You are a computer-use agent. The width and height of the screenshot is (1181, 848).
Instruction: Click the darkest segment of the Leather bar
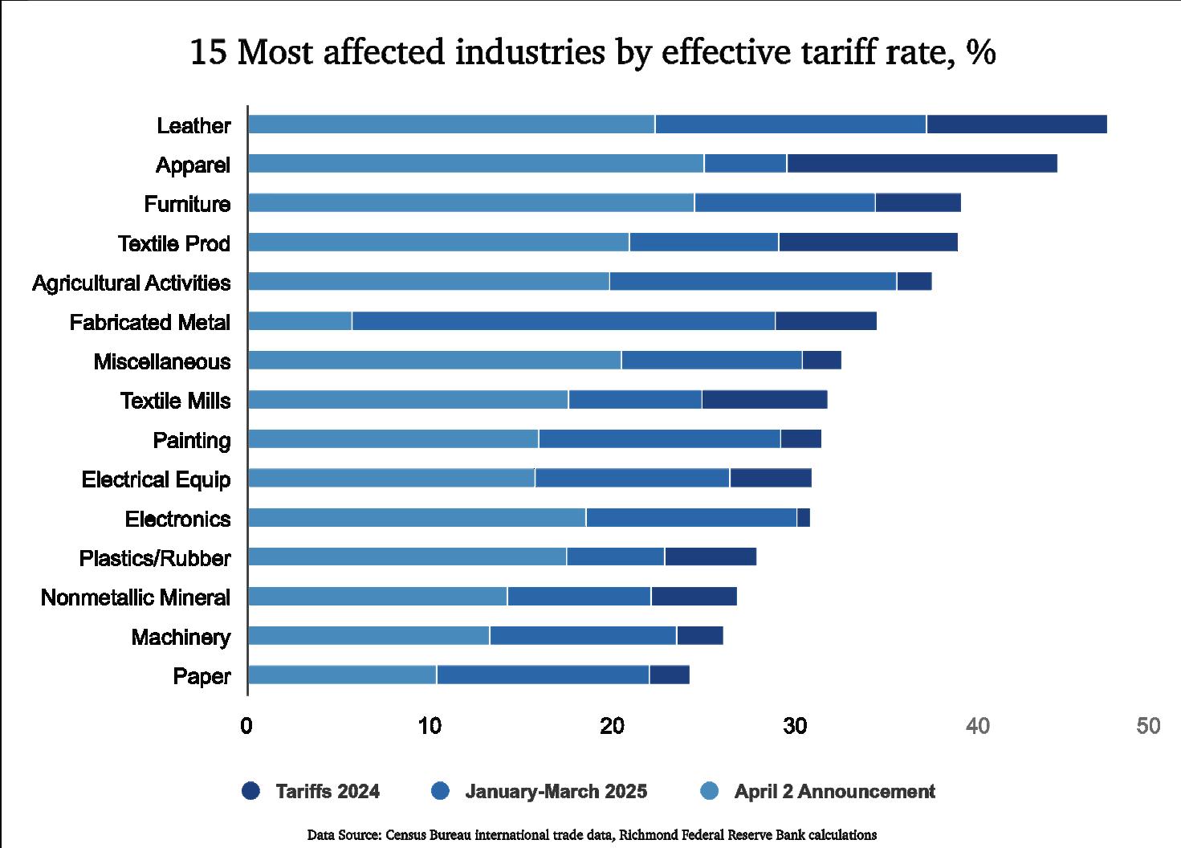tap(1016, 124)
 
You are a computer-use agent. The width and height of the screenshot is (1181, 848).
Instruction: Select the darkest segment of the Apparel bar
tap(922, 163)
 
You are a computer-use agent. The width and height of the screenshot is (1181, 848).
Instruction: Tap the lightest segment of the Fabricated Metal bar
tap(299, 321)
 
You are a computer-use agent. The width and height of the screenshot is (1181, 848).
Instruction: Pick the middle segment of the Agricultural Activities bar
tap(752, 281)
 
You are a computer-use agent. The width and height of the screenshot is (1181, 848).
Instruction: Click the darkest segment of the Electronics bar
tap(804, 518)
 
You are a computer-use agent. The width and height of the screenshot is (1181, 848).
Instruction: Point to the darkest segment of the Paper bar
tap(670, 675)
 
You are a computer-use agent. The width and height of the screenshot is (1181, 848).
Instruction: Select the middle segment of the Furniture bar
tap(784, 202)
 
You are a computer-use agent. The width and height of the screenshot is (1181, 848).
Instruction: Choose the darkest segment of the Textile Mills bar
tap(764, 400)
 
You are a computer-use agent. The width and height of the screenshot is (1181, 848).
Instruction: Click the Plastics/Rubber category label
tap(155, 558)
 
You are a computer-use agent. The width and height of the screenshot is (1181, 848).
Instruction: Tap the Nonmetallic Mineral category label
tap(136, 597)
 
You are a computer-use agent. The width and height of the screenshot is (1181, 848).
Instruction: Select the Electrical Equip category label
tap(156, 479)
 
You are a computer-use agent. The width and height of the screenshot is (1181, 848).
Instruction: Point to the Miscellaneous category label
tap(162, 361)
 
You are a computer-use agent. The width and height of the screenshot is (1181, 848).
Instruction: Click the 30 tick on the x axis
tap(795, 726)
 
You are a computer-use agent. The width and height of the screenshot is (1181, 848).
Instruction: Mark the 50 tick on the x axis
tap(1149, 726)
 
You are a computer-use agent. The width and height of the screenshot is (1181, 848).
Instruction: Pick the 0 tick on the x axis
tap(246, 726)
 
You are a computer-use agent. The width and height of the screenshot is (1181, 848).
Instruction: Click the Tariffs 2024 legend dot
tap(251, 791)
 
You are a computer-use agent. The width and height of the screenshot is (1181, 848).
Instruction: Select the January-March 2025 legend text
tap(556, 791)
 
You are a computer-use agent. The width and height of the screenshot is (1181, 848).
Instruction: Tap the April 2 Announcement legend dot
tap(709, 791)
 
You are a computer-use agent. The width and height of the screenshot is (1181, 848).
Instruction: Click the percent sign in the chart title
tap(981, 53)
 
